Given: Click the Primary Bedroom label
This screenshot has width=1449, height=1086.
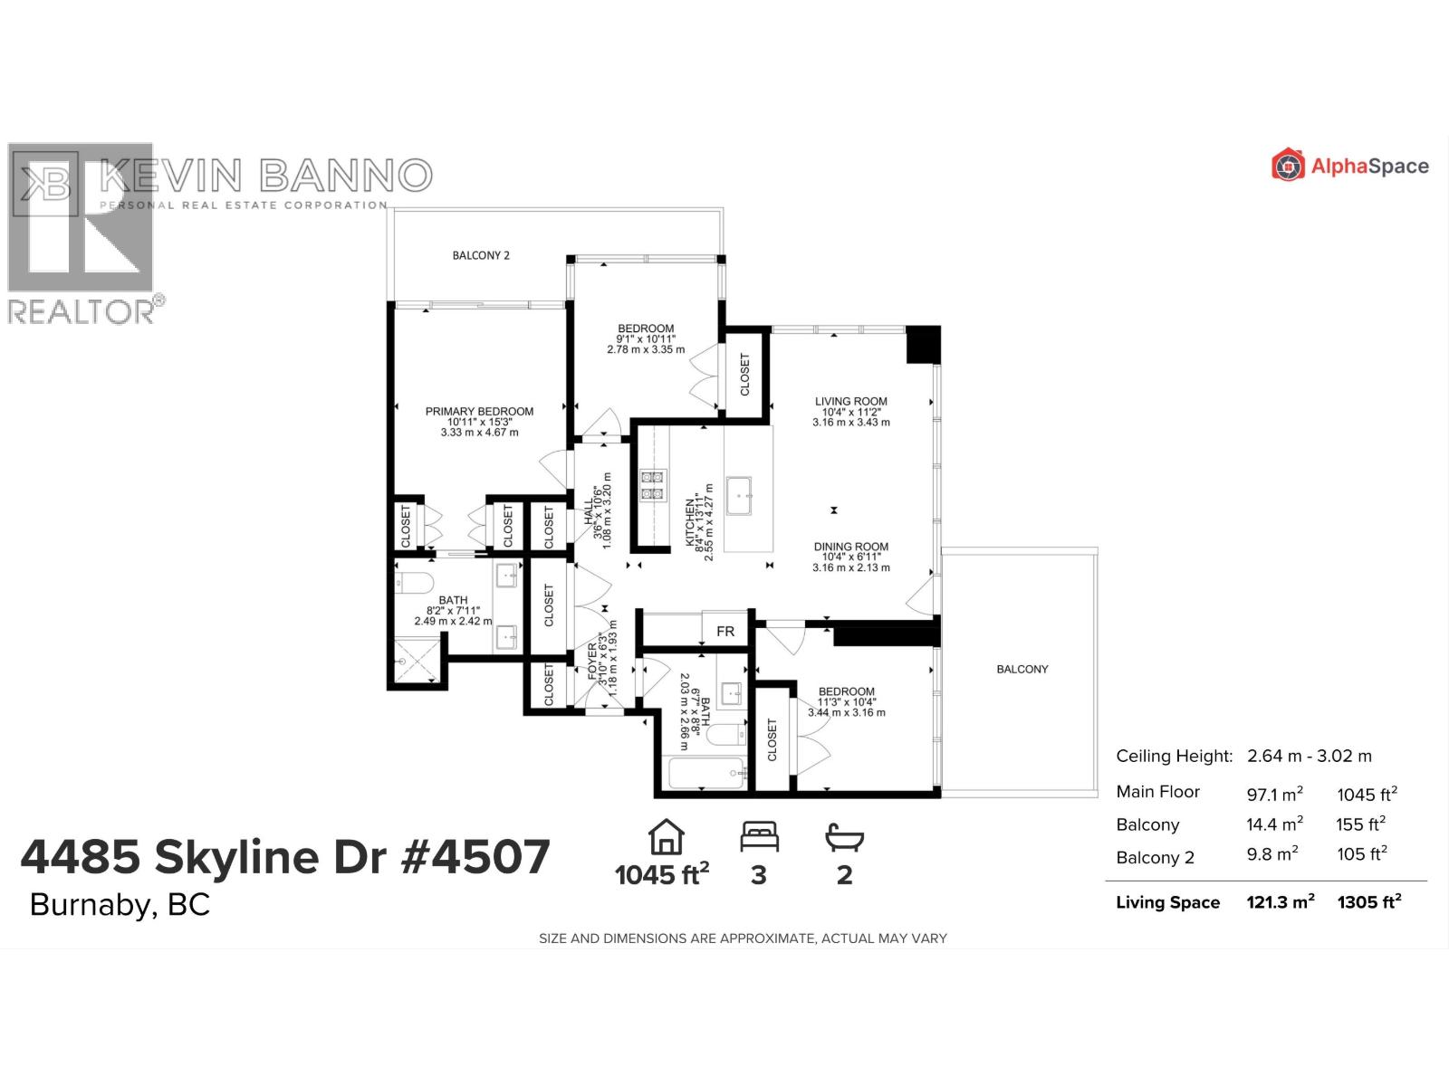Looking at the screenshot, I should tap(479, 412).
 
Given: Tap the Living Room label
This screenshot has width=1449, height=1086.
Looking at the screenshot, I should tap(850, 402).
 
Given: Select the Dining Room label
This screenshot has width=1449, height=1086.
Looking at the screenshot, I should tap(850, 547).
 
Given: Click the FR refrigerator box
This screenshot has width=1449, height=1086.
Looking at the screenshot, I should tap(725, 631).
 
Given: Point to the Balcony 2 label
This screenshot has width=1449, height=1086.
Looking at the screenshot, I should tap(481, 255).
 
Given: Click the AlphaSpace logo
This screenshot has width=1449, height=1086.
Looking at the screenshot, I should tap(1349, 166).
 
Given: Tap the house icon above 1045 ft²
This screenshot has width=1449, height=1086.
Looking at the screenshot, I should tap(666, 836).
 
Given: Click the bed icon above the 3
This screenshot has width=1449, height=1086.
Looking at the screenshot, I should tap(759, 836).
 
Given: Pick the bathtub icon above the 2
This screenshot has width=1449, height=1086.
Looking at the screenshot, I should tap(844, 836).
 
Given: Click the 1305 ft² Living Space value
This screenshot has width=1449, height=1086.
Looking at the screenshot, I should tap(1368, 901).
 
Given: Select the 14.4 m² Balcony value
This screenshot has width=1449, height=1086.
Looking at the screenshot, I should tap(1274, 824).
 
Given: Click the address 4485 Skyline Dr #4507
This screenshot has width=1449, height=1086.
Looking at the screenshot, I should tap(285, 856).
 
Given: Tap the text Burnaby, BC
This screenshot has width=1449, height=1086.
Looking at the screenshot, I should tap(120, 905).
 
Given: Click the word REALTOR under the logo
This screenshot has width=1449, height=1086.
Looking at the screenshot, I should tap(82, 312).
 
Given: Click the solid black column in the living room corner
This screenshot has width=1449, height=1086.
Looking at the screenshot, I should tap(924, 345).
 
